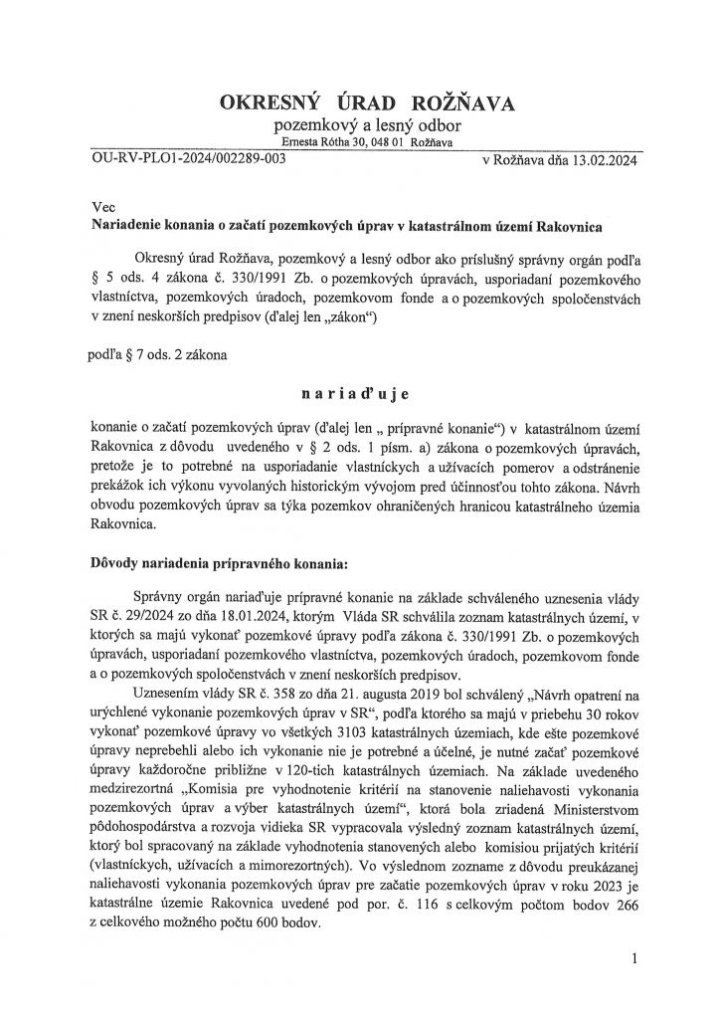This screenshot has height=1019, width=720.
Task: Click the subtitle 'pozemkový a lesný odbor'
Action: [x=359, y=128]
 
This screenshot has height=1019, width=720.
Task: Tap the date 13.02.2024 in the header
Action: [x=604, y=159]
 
